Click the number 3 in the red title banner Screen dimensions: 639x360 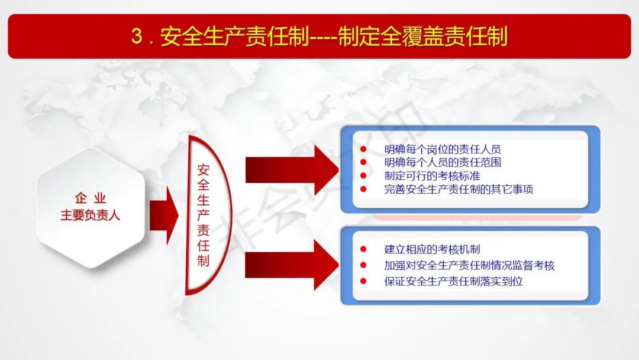click(x=137, y=36)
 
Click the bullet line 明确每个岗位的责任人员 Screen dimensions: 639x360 click(x=443, y=149)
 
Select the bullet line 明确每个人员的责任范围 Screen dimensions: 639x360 click(x=443, y=162)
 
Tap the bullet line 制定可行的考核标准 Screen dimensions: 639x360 click(x=433, y=176)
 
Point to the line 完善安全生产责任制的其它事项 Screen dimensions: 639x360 click(x=459, y=189)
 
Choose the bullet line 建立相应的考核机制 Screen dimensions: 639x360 click(x=433, y=249)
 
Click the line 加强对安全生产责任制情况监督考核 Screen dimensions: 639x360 click(x=469, y=265)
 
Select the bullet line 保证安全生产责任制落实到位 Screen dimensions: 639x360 click(x=454, y=281)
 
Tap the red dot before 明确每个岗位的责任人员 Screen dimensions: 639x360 click(x=363, y=149)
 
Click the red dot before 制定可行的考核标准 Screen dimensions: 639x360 click(x=363, y=176)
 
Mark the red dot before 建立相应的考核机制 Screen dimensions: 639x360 click(x=363, y=249)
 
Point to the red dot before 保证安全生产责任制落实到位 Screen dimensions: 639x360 click(x=363, y=281)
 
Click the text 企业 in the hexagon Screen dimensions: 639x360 click(x=91, y=198)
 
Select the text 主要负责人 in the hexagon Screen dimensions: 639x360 click(x=91, y=215)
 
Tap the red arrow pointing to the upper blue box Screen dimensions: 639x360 click(x=292, y=170)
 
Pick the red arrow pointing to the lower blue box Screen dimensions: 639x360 click(x=292, y=265)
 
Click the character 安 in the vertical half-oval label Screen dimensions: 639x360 click(x=204, y=169)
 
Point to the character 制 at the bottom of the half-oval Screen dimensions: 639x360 click(x=204, y=261)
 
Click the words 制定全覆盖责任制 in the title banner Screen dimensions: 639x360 click(x=422, y=36)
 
